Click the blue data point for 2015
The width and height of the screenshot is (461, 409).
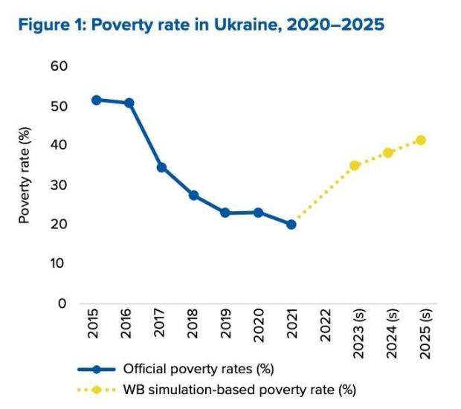[x=96, y=100]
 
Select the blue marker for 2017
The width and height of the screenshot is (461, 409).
[x=161, y=167]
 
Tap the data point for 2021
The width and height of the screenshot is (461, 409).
[x=291, y=225]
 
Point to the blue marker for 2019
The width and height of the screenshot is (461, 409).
[x=225, y=213]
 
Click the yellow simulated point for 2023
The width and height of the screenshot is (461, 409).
[x=355, y=166]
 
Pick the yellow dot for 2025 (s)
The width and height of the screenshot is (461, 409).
[x=421, y=141]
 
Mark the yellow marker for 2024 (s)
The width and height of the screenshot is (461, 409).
[x=388, y=153]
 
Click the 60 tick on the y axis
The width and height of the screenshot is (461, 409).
[x=59, y=66]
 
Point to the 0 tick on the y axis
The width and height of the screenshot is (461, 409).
[x=62, y=303]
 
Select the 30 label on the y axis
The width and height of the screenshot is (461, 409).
[x=59, y=185]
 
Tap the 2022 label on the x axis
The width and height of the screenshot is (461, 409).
[x=326, y=325]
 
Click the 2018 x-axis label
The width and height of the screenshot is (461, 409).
[x=193, y=323]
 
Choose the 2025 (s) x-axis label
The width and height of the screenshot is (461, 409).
[x=425, y=334]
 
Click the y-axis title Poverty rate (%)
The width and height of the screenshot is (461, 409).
[x=25, y=175]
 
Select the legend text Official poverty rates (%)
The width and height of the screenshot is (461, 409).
[x=199, y=369]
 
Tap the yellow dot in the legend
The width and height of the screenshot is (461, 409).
[x=97, y=390]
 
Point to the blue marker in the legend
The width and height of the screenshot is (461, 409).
[x=97, y=370]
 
